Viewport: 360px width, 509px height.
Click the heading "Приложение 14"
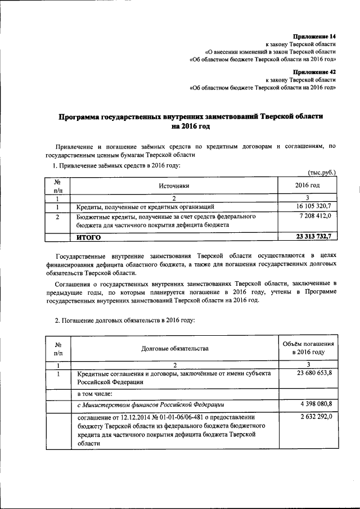click(x=317, y=35)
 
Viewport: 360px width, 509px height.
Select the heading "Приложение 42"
click(x=317, y=72)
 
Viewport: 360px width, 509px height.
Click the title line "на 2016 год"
click(x=191, y=127)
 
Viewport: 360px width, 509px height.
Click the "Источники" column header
click(x=174, y=186)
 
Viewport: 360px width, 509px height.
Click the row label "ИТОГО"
click(x=89, y=237)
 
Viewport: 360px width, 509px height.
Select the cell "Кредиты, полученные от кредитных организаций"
click(x=146, y=206)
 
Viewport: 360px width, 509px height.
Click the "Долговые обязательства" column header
click(x=175, y=348)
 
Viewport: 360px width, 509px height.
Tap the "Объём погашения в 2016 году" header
click(x=308, y=348)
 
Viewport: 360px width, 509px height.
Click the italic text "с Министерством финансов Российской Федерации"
click(x=151, y=404)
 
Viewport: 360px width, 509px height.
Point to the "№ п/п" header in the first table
click(x=57, y=186)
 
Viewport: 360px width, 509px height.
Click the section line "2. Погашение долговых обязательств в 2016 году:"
click(x=124, y=319)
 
